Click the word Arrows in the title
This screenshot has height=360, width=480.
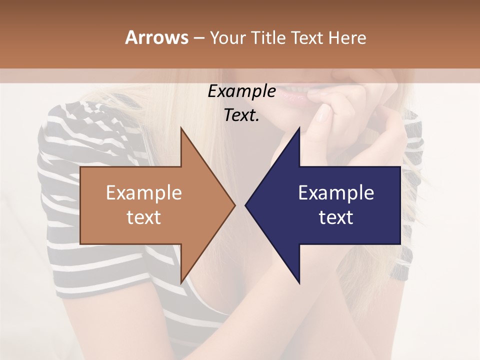click(156, 37)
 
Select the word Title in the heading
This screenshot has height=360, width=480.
click(267, 37)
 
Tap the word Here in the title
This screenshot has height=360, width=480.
click(347, 37)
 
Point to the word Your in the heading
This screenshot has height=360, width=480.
click(227, 37)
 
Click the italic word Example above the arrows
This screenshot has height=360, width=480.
click(241, 91)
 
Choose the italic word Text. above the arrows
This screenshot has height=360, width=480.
click(241, 115)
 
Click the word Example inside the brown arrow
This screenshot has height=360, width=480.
click(144, 193)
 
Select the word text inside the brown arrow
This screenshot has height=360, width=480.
click(144, 217)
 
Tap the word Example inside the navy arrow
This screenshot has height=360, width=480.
click(336, 193)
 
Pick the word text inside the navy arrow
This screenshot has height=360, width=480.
click(336, 217)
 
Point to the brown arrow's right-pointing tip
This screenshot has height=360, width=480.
click(234, 205)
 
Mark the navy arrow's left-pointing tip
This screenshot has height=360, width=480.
click(246, 205)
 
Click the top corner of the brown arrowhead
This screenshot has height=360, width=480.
click(181, 128)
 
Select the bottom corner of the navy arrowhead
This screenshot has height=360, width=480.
click(299, 282)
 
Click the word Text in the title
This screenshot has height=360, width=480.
click(307, 37)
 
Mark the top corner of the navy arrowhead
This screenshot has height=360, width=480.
click(299, 128)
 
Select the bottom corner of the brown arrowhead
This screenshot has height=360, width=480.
click(181, 282)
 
